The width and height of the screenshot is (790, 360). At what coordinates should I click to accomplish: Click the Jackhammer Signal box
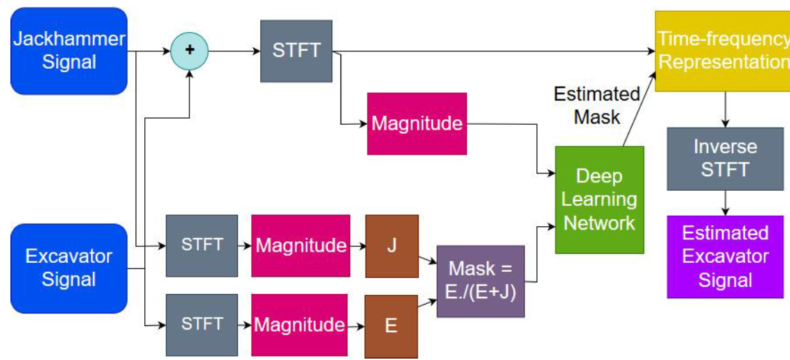pos(69,51)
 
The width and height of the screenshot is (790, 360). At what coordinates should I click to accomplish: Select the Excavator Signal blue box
pos(69,268)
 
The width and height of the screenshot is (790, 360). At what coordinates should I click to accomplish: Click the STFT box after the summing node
pos(296,51)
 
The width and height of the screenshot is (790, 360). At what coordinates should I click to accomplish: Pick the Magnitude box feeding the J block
pos(300,246)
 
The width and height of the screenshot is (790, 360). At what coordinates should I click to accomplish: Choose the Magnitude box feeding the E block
pos(299,325)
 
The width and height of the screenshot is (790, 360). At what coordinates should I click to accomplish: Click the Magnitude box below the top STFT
pos(417,124)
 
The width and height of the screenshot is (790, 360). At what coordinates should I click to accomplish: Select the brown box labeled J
pos(392,246)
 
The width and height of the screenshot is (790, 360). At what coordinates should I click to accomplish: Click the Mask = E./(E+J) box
pos(481,281)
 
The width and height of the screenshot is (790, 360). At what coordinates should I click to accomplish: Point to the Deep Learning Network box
pos(599,200)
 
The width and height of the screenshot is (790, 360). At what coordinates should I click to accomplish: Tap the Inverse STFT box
pos(725,159)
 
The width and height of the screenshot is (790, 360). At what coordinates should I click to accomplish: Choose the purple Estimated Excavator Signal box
pos(725,257)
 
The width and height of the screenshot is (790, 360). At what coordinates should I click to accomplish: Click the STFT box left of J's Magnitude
pos(202,246)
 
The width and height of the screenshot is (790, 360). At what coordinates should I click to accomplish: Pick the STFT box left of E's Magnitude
pos(202,325)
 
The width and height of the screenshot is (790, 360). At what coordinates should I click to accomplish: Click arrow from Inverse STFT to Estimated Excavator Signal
pos(725,203)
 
